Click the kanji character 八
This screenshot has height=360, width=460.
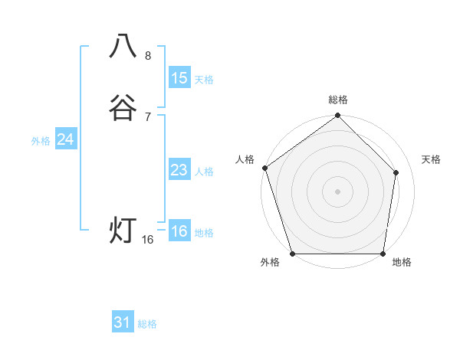pos(123,47)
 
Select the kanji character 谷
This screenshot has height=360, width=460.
pos(123,108)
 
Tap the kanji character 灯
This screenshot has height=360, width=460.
pos(123,230)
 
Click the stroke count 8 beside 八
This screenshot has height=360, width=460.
pos(148,56)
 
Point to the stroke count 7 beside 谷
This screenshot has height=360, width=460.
pos(148,116)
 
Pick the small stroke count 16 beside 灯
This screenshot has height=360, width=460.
pos(148,240)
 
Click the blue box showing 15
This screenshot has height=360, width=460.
pos(179,77)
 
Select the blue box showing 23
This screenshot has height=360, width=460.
pos(179,170)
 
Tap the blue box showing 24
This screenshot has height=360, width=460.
pos(66,139)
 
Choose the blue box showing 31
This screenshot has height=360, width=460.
pos(123,322)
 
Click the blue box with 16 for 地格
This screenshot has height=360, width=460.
pos(179,231)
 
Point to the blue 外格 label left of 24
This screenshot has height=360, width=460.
pos(41,141)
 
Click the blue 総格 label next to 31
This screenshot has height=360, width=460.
pos(147,324)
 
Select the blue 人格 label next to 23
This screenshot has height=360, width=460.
pos(205,172)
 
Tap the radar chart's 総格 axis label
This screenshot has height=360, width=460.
pos(338,100)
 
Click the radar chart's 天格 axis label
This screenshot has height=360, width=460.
pos(432,159)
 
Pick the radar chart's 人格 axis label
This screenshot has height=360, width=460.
pos(245,159)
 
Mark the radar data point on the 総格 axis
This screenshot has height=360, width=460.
pos(338,116)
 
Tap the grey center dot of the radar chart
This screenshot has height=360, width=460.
pos(338,190)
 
